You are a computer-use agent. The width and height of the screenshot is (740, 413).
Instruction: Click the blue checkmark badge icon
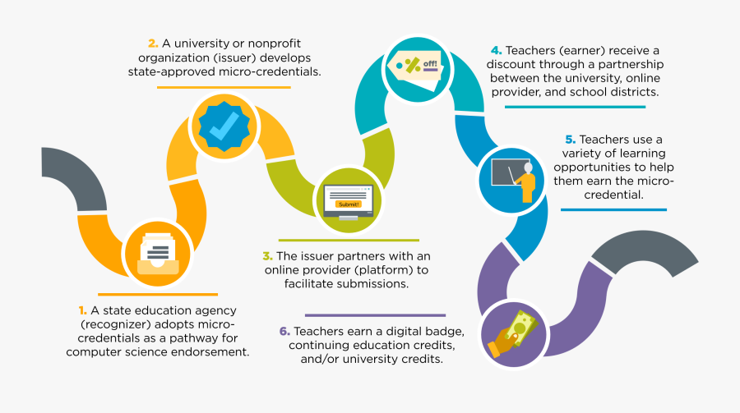(224, 126)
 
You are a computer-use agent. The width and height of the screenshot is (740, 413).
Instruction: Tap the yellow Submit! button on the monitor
(349, 204)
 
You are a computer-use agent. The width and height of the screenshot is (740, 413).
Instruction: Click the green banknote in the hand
(521, 327)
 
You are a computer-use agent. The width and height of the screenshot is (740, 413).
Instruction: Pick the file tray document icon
(158, 254)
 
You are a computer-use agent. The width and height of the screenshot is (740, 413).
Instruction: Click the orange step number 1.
(82, 310)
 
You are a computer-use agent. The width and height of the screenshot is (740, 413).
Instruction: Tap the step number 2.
(153, 44)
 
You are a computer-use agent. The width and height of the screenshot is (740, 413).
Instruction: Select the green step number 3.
(267, 256)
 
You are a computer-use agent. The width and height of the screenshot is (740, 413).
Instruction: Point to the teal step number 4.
(496, 50)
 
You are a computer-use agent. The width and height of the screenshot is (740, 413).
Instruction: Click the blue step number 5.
(571, 140)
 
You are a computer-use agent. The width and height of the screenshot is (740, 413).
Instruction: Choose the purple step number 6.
(284, 332)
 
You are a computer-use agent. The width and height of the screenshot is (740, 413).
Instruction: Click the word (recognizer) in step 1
(116, 324)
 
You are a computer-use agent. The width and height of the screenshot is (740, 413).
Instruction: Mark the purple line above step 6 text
(375, 315)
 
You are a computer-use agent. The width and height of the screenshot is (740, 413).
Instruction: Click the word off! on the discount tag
(430, 64)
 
